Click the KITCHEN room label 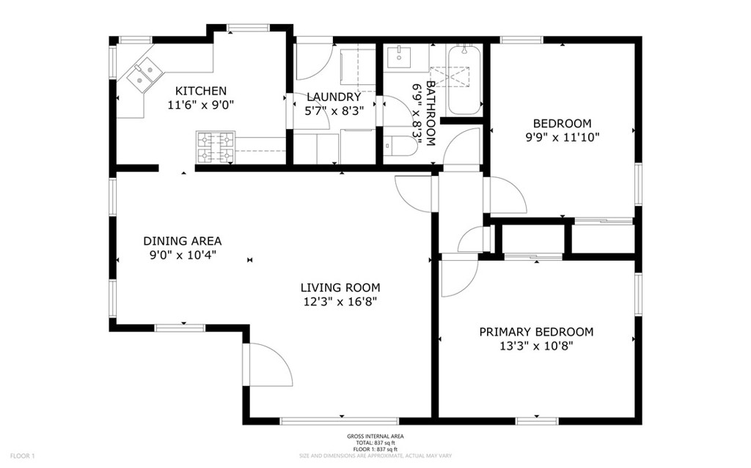click(x=201, y=90)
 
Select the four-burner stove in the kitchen click(x=216, y=147)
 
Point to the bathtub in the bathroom click(x=464, y=80)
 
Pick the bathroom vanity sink click(x=399, y=57)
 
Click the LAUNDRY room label click(x=334, y=97)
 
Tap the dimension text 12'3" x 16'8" click(x=340, y=302)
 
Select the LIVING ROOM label click(x=340, y=288)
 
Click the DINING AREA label click(x=183, y=241)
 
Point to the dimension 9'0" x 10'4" click(x=183, y=255)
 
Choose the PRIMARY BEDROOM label click(x=536, y=332)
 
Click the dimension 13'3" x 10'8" click(x=536, y=346)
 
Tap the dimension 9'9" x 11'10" click(x=563, y=138)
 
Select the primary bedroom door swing click(x=460, y=278)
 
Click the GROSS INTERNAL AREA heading click(x=375, y=437)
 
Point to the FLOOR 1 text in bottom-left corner click(x=23, y=456)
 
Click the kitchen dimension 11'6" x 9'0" click(x=201, y=105)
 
